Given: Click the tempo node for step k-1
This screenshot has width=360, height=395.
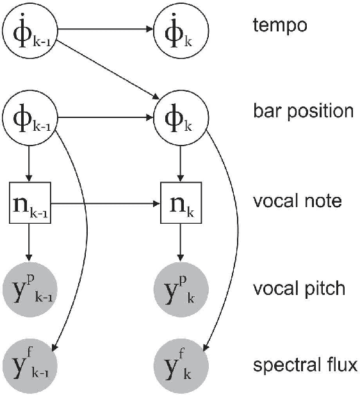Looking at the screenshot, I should (x=28, y=29).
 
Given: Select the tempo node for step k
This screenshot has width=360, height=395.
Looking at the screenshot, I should (x=180, y=29).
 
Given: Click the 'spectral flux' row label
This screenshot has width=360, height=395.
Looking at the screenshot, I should (x=305, y=367).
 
